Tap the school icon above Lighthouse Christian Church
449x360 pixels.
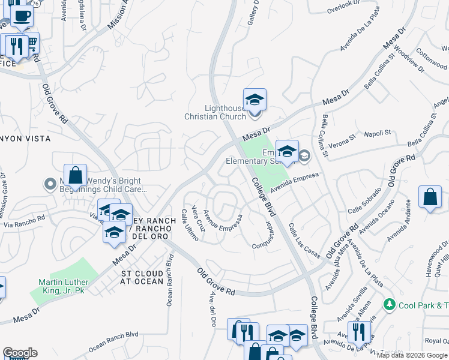click(255, 100)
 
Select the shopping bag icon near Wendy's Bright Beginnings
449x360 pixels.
click(76, 176)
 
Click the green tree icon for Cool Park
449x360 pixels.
click(390, 305)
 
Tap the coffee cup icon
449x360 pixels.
click(22, 16)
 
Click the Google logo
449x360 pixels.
click(20, 353)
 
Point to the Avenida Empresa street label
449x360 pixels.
click(292, 184)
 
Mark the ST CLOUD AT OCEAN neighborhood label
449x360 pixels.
click(142, 277)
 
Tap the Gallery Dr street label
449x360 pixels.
click(255, 13)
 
